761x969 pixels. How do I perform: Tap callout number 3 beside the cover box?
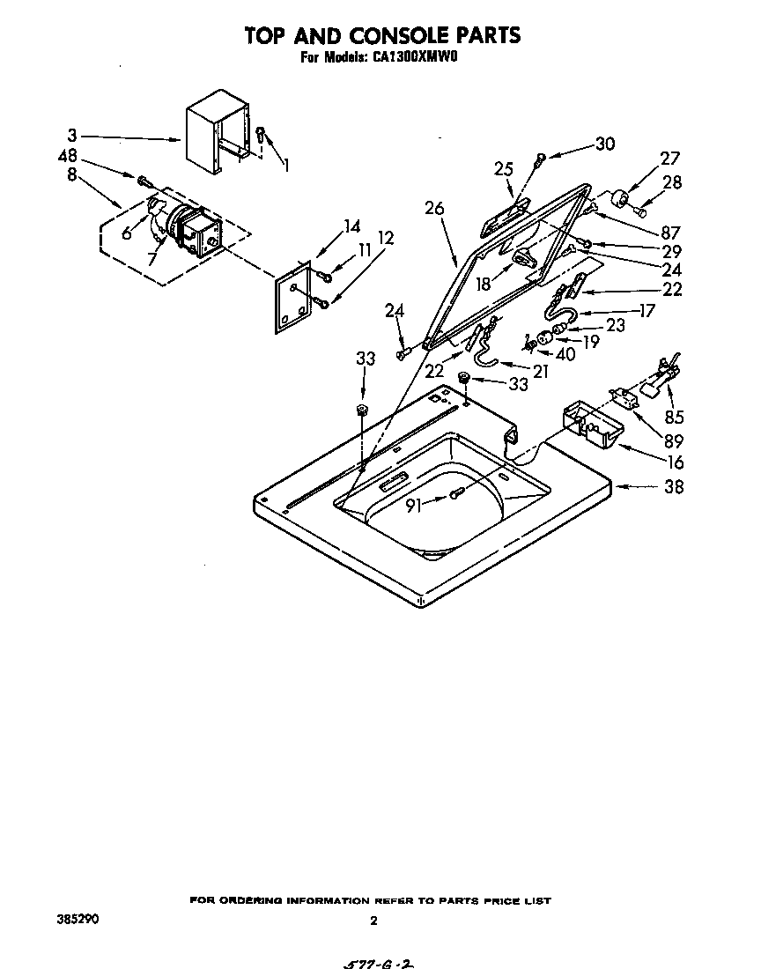tap(71, 136)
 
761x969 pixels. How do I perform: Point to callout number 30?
tap(604, 144)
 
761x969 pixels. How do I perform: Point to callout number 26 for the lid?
tap(433, 209)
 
